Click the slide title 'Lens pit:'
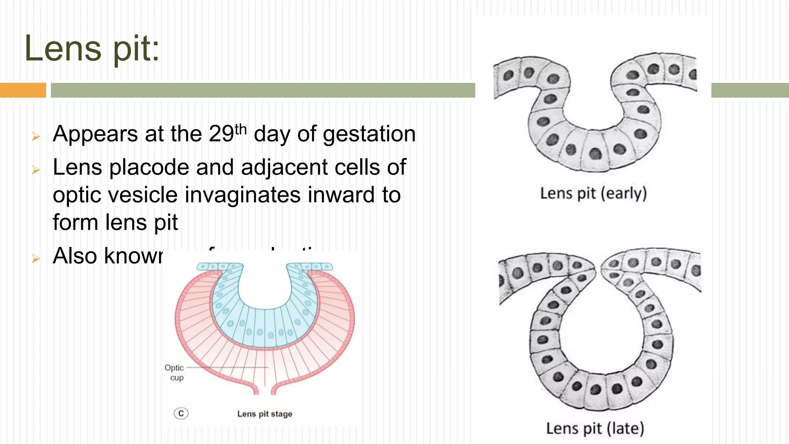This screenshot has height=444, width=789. coord(92,49)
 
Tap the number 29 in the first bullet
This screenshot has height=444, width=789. coord(221,134)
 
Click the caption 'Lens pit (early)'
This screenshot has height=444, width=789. coord(593,193)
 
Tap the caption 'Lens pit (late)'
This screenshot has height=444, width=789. coord(595,428)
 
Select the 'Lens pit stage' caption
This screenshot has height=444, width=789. coord(265,414)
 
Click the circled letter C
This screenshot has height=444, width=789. coord(181,414)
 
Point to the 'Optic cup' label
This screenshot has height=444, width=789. coord(175,372)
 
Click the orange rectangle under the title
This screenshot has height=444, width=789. coord(23,90)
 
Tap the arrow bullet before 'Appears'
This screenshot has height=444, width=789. coord(36,136)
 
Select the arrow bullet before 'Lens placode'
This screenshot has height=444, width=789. coord(36,170)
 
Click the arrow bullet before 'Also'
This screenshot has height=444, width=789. coord(36,258)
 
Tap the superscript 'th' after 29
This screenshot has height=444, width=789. coord(240,129)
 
